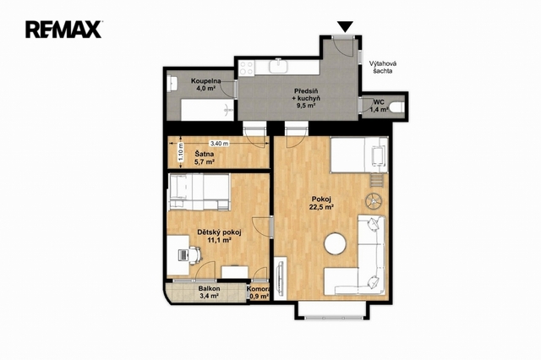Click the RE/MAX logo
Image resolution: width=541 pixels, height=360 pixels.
coord(63,30)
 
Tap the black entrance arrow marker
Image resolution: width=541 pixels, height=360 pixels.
coord(345,26)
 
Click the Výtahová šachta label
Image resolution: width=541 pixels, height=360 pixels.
coord(383,68)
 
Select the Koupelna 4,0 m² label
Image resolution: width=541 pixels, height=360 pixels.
coord(206,85)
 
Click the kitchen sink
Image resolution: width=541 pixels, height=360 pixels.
coord(278,66)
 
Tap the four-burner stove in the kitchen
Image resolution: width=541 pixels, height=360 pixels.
coord(247,68)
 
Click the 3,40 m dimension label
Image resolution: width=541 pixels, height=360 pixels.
coord(219,143)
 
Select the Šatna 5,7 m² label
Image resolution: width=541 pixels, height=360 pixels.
coord(205,158)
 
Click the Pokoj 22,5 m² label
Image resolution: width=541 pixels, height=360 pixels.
coord(321,203)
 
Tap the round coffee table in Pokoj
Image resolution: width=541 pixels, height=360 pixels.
coord(335,243)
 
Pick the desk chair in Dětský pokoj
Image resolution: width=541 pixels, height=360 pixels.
coord(195,255)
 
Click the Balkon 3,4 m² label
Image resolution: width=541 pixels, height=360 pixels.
coord(209,292)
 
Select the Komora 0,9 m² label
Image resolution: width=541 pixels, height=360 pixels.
coord(259,292)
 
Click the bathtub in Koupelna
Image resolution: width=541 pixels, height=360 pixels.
coord(207,110)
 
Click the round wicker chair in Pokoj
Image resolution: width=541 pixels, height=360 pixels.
coord(374,200)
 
